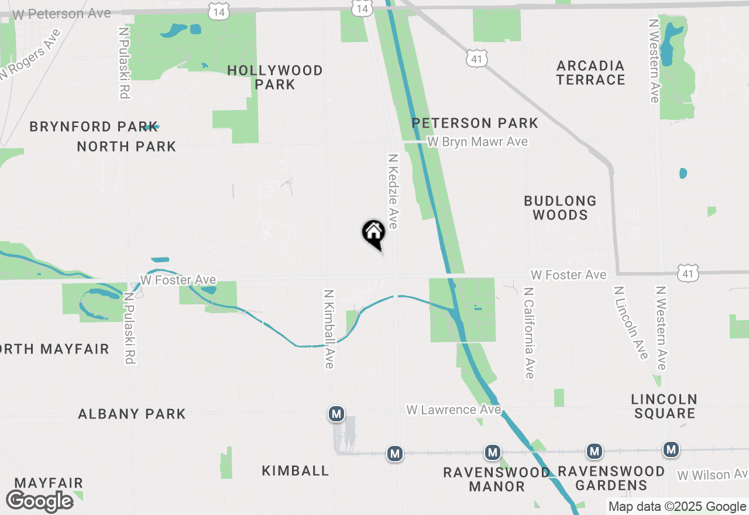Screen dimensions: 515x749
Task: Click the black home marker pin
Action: [373, 233]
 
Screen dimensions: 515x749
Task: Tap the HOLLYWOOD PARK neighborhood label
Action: [275, 77]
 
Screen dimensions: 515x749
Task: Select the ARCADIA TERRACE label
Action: [590, 73]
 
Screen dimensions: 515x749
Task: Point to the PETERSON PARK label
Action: [475, 123]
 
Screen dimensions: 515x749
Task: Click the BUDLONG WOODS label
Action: [560, 208]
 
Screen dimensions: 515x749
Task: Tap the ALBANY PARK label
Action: [132, 414]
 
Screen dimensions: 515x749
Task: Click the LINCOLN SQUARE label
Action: [664, 406]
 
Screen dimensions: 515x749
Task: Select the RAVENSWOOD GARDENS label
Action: [611, 478]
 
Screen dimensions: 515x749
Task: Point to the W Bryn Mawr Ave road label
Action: [477, 142]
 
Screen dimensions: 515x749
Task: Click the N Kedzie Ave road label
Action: [393, 191]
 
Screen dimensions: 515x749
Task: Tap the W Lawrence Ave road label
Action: [454, 410]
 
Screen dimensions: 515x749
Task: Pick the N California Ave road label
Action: [529, 332]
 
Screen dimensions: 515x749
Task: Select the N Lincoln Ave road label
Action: [631, 322]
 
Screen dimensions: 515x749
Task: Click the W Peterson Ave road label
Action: [61, 13]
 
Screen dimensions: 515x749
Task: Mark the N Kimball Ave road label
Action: [329, 328]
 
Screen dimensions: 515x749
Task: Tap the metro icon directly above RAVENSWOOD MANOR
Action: [493, 452]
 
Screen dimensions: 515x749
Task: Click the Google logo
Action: [39, 501]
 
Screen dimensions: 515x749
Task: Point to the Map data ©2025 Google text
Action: [677, 507]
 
